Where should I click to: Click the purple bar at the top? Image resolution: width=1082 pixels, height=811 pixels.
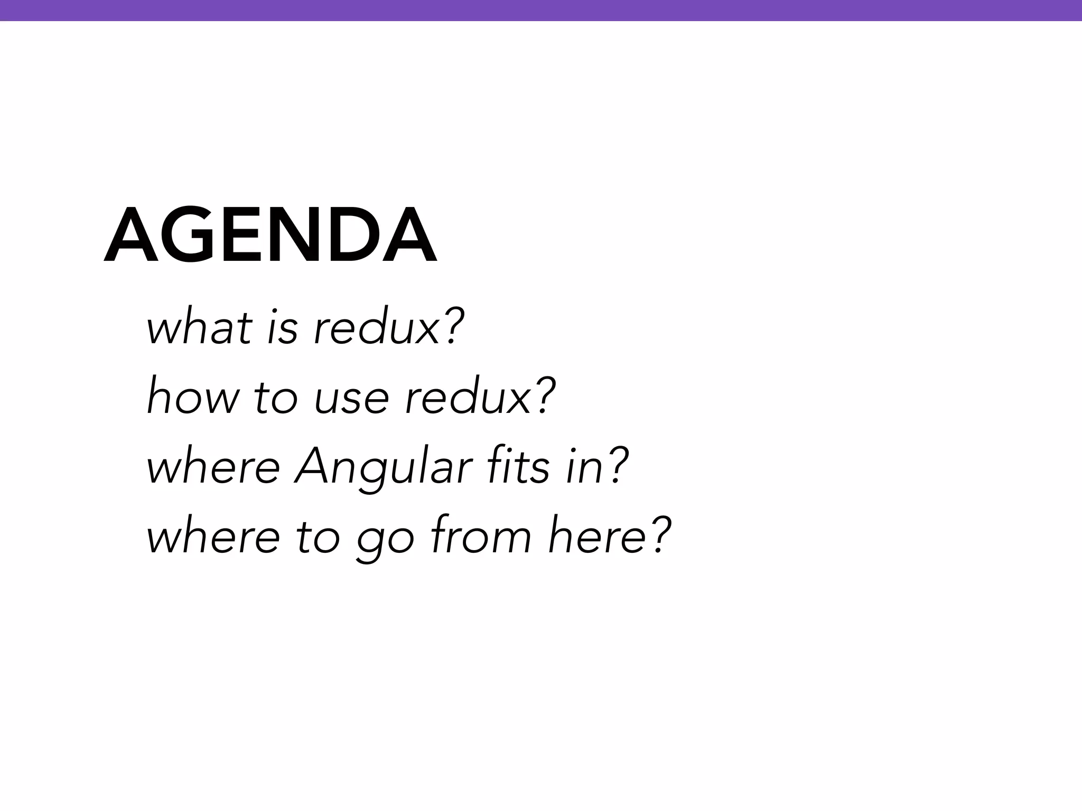[541, 10]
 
